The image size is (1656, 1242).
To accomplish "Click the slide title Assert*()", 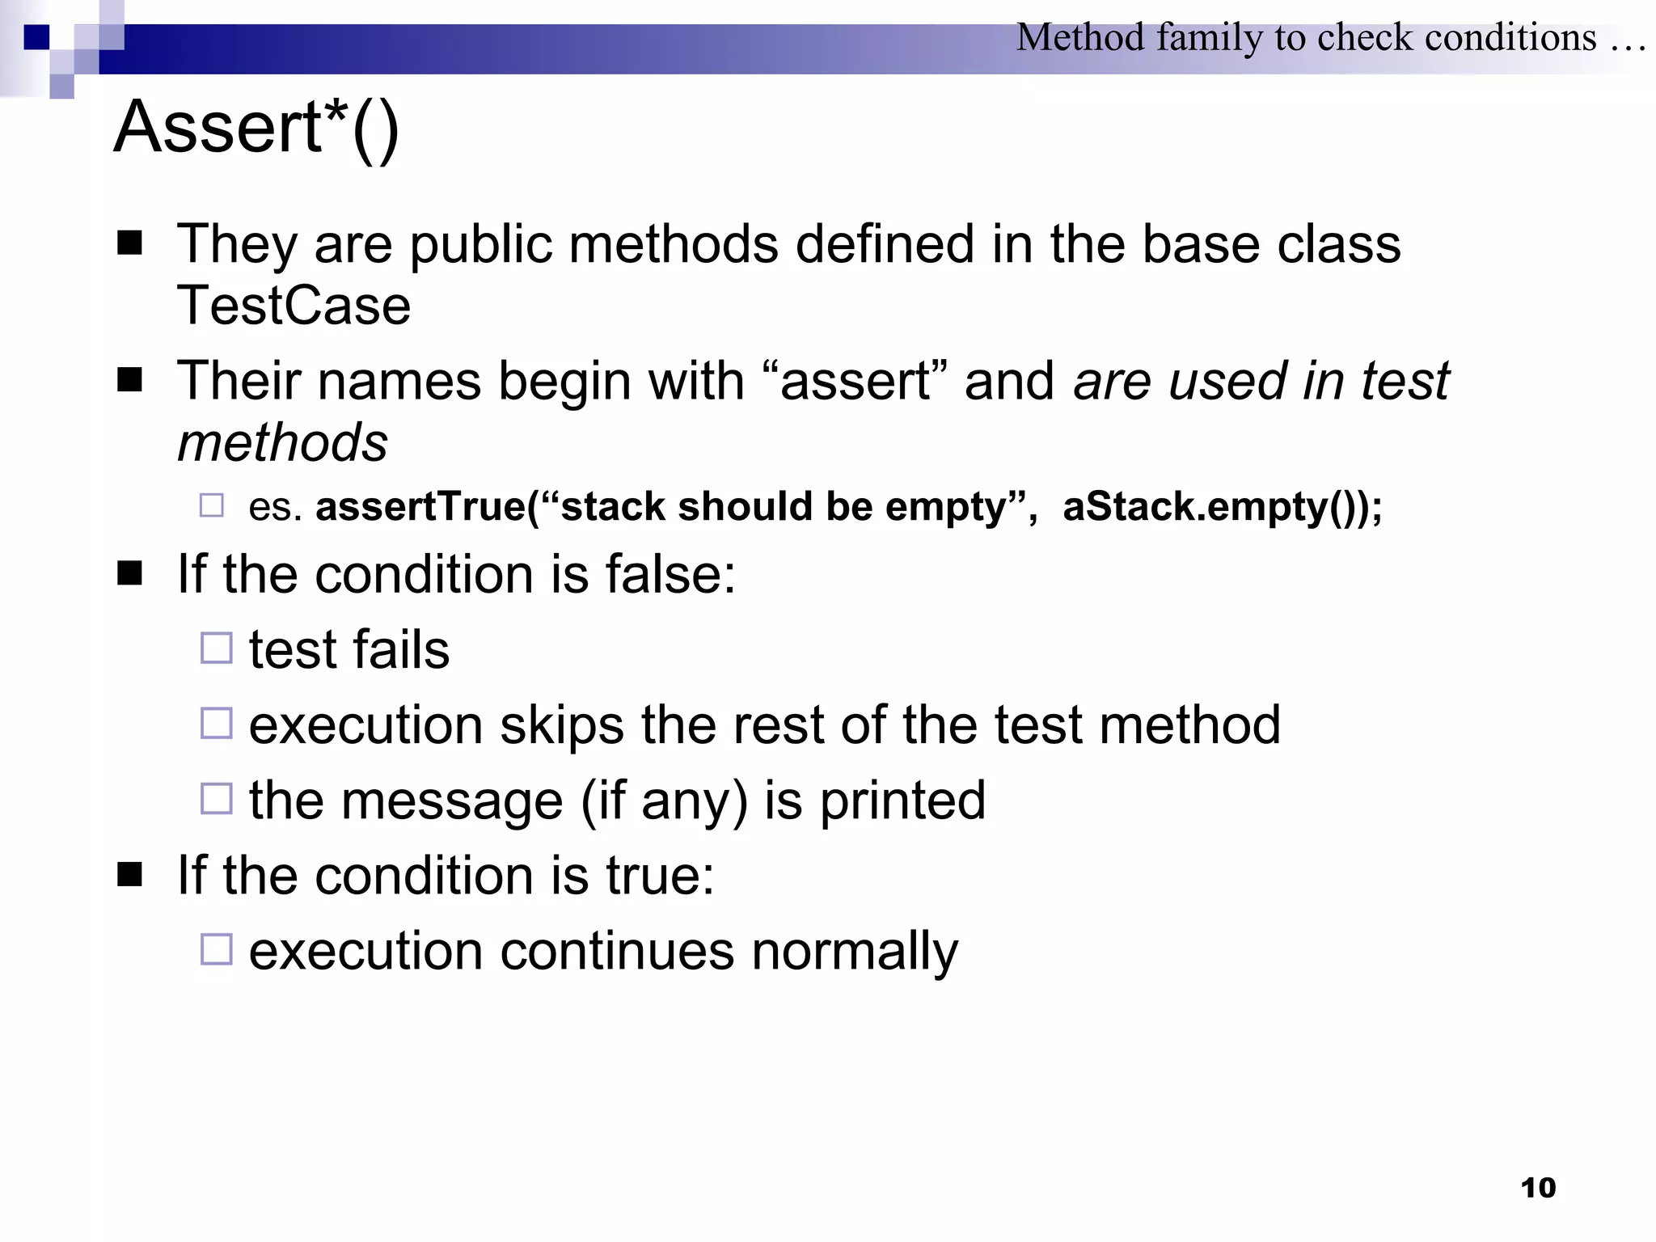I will point(256,128).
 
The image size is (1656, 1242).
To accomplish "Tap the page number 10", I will point(1537,1188).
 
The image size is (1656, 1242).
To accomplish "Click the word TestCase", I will point(294,306).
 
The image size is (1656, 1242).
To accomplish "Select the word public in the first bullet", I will point(481,244).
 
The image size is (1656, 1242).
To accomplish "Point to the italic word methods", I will point(282,443).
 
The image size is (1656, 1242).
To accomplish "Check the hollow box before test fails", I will point(216,648).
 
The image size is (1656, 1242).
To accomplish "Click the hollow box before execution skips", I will point(216,724).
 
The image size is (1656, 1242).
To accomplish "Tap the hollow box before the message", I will point(216,799).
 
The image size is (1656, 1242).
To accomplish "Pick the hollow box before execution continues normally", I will point(216,949).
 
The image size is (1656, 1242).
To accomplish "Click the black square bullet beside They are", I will point(129,243).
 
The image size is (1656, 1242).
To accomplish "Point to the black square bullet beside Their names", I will point(129,379).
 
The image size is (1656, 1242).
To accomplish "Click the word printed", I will point(902,801).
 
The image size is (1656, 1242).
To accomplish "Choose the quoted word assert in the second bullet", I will point(855,382).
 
